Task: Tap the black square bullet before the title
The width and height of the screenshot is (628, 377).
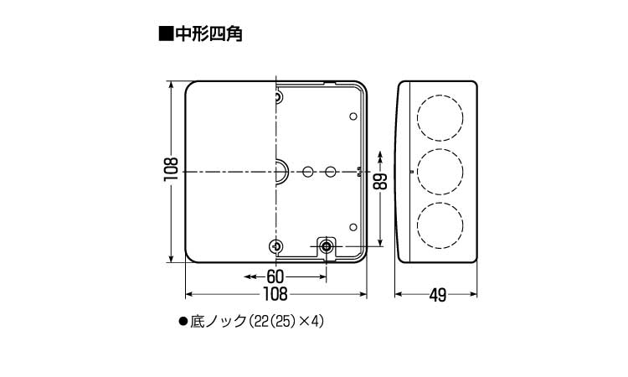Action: click(164, 34)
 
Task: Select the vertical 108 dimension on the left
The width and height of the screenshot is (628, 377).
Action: click(171, 171)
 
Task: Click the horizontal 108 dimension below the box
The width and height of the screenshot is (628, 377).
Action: click(275, 294)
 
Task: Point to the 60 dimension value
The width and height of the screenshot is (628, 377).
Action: click(275, 276)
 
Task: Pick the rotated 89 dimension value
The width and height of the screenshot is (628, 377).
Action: click(381, 181)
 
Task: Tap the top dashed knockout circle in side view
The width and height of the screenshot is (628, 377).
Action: click(439, 117)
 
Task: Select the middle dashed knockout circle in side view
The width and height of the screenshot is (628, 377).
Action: click(439, 171)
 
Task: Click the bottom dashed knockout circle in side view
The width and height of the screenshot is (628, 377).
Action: click(439, 224)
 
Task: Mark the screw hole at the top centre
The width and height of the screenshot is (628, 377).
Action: click(278, 98)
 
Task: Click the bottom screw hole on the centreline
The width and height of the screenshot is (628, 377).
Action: click(277, 245)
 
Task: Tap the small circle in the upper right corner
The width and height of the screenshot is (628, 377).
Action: click(353, 116)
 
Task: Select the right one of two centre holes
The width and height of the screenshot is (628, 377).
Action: click(331, 172)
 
